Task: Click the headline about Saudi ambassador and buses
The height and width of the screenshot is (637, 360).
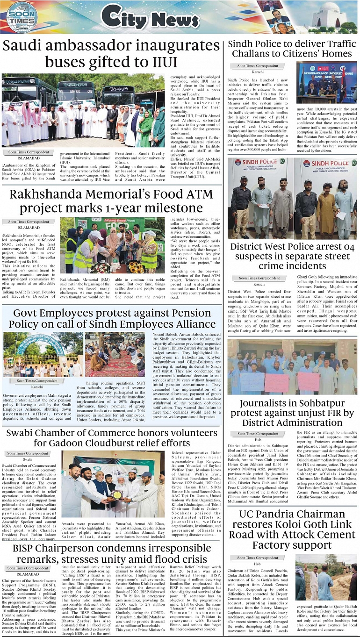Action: tap(111, 54)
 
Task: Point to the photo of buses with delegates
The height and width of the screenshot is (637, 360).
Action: tap(83, 110)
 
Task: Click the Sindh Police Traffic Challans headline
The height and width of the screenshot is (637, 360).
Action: tap(292, 49)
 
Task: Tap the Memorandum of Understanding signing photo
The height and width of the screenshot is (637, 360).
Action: tap(326, 82)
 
